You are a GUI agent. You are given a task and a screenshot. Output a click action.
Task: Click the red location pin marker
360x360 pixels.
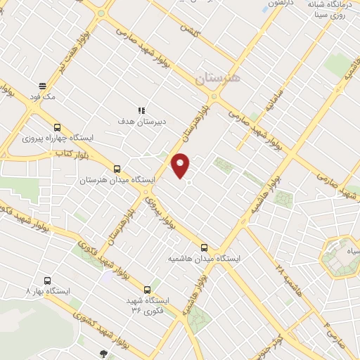point(181,165)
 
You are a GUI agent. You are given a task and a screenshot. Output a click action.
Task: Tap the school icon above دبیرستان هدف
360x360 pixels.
point(141,110)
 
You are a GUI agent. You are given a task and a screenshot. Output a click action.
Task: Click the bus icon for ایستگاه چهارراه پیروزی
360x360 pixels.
point(57,128)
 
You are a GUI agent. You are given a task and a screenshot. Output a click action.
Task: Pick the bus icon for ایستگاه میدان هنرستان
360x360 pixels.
point(117,169)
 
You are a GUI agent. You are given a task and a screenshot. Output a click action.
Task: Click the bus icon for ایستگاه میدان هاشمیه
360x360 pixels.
point(205,247)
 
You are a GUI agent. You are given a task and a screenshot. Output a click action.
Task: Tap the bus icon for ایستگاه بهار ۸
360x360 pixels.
point(47,280)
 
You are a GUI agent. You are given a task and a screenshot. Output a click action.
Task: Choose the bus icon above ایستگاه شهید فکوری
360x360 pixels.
point(147,289)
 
